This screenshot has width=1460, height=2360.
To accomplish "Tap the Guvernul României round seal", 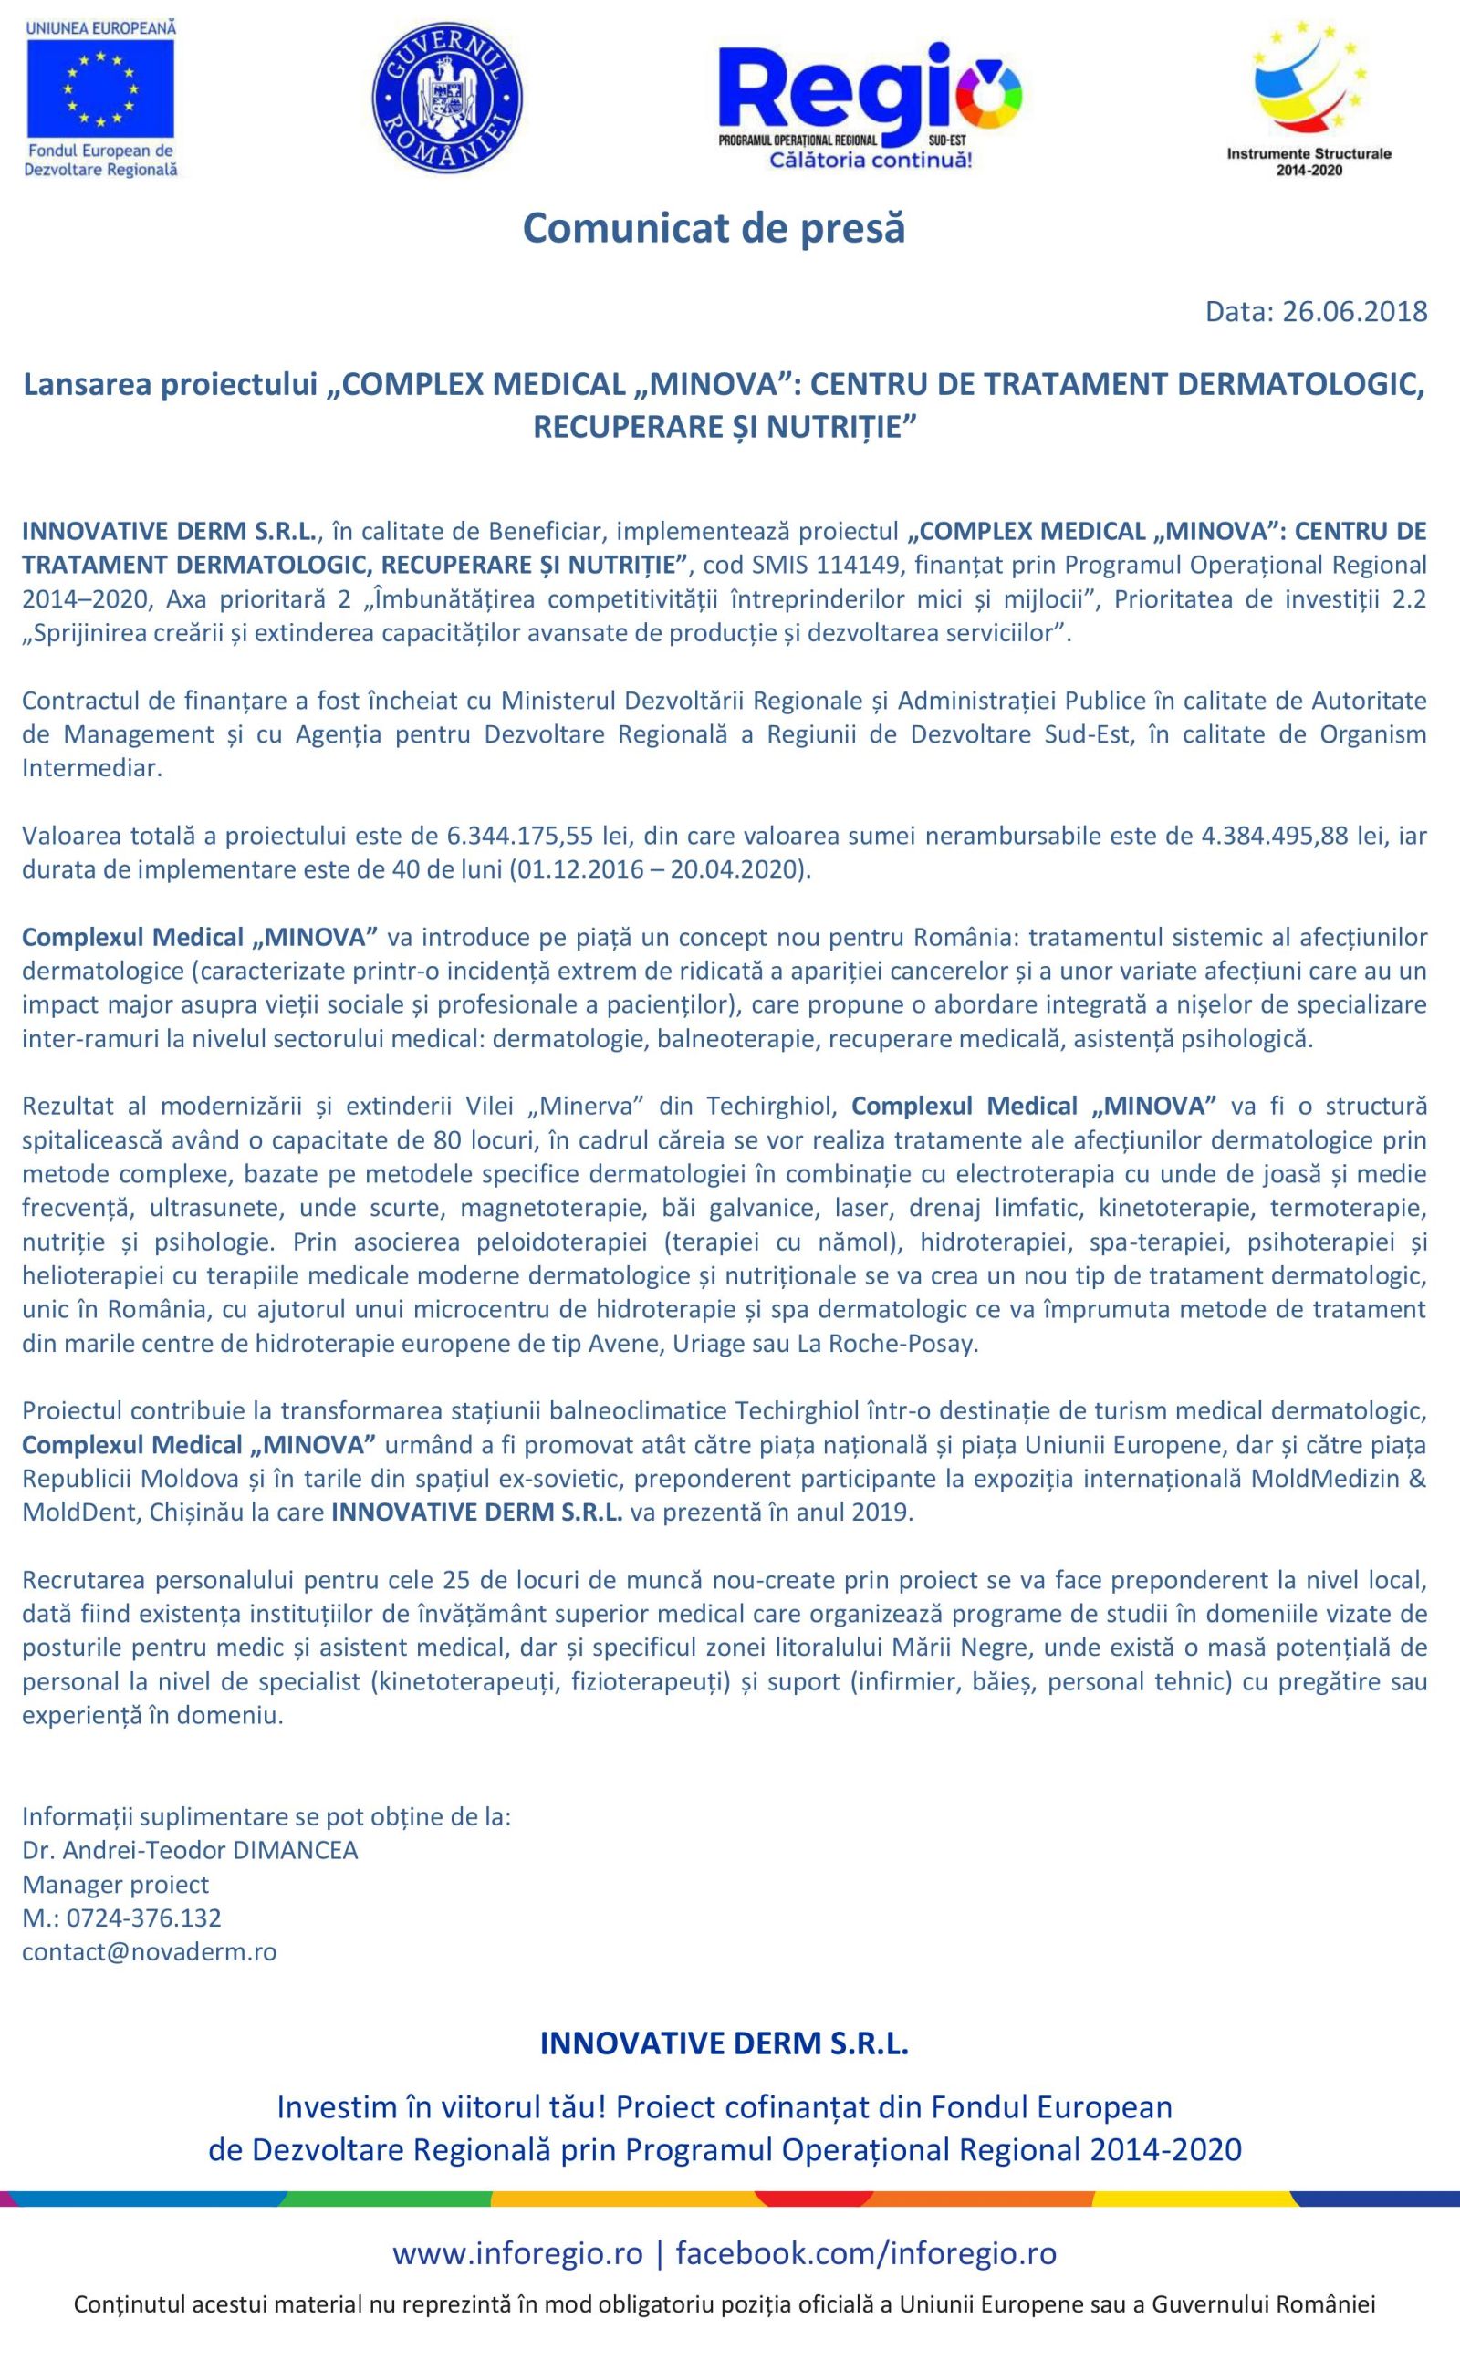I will click(446, 99).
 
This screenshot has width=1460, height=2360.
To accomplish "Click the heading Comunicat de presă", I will click(714, 228).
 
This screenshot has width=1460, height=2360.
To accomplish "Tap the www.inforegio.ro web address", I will click(516, 2253).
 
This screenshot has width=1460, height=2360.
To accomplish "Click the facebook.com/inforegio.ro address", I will click(865, 2253).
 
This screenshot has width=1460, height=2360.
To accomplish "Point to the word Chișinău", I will click(199, 1512).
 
